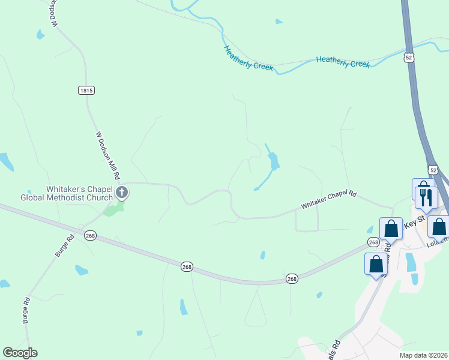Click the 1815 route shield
click(86, 90)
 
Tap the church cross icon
click(122, 193)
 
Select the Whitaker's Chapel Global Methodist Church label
click(67, 193)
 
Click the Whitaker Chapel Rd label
click(329, 200)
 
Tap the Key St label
click(414, 223)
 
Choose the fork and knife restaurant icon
click(427, 197)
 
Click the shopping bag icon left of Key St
click(391, 228)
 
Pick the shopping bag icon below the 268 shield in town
click(376, 263)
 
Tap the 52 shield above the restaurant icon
click(433, 170)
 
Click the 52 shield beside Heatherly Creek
click(408, 57)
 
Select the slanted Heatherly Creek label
click(248, 59)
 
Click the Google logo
click(20, 353)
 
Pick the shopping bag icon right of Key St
click(439, 227)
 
